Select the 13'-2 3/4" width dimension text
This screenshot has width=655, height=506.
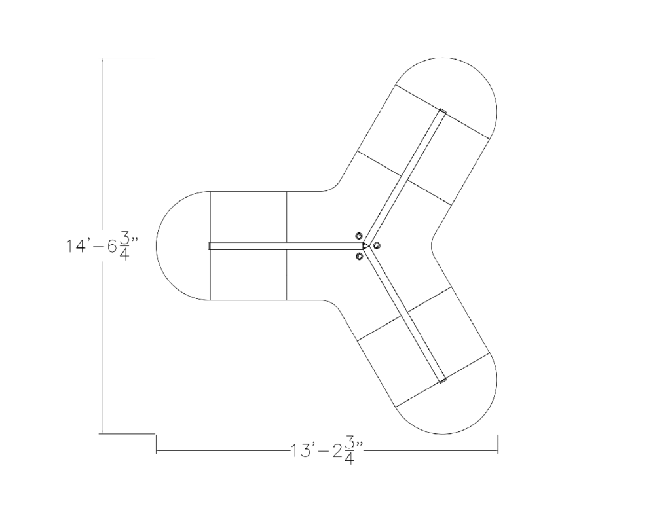[x=327, y=451]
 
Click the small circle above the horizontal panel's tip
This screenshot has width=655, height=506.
[x=359, y=236]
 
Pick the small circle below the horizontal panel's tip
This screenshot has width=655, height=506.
[x=359, y=256]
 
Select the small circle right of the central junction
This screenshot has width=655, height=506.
[x=377, y=245]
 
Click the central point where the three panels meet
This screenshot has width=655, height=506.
[x=366, y=246]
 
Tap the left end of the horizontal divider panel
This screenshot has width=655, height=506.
[x=211, y=246]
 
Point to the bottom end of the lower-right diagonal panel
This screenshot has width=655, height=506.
[x=442, y=379]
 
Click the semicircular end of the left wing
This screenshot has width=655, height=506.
[x=177, y=246]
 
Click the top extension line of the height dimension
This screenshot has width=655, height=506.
[x=128, y=58]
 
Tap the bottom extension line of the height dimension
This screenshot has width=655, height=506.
[x=128, y=433]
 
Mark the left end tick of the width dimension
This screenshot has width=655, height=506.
[x=156, y=444]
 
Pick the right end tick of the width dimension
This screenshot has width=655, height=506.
[x=498, y=444]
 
